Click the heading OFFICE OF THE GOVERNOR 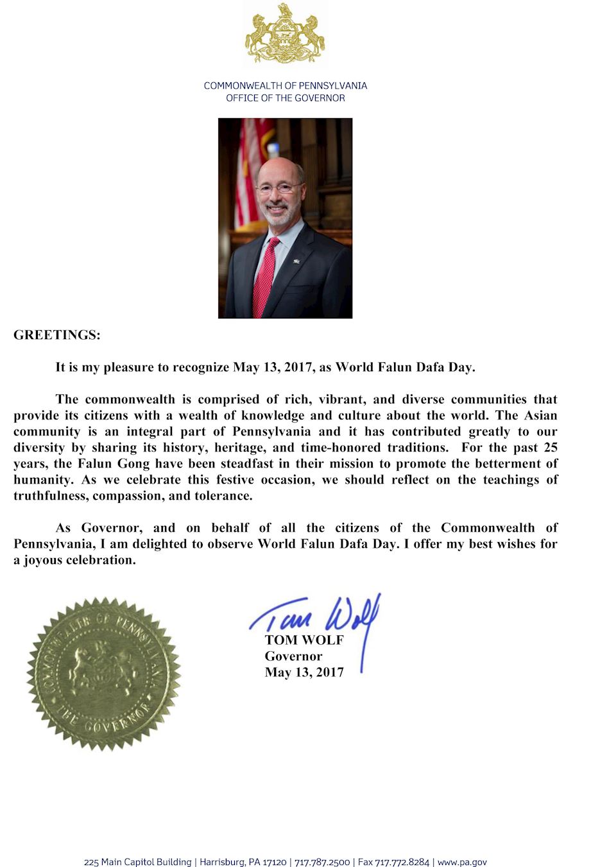(x=285, y=98)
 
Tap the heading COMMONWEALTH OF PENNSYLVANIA (x=285, y=85)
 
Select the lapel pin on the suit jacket (x=297, y=260)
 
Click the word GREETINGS (x=56, y=335)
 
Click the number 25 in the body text (x=550, y=448)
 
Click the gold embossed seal (x=103, y=673)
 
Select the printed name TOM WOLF (x=304, y=640)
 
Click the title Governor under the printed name (x=293, y=656)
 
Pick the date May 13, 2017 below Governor (x=304, y=672)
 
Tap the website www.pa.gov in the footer (x=462, y=862)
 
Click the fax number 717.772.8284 (x=402, y=862)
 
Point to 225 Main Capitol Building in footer (x=137, y=862)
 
